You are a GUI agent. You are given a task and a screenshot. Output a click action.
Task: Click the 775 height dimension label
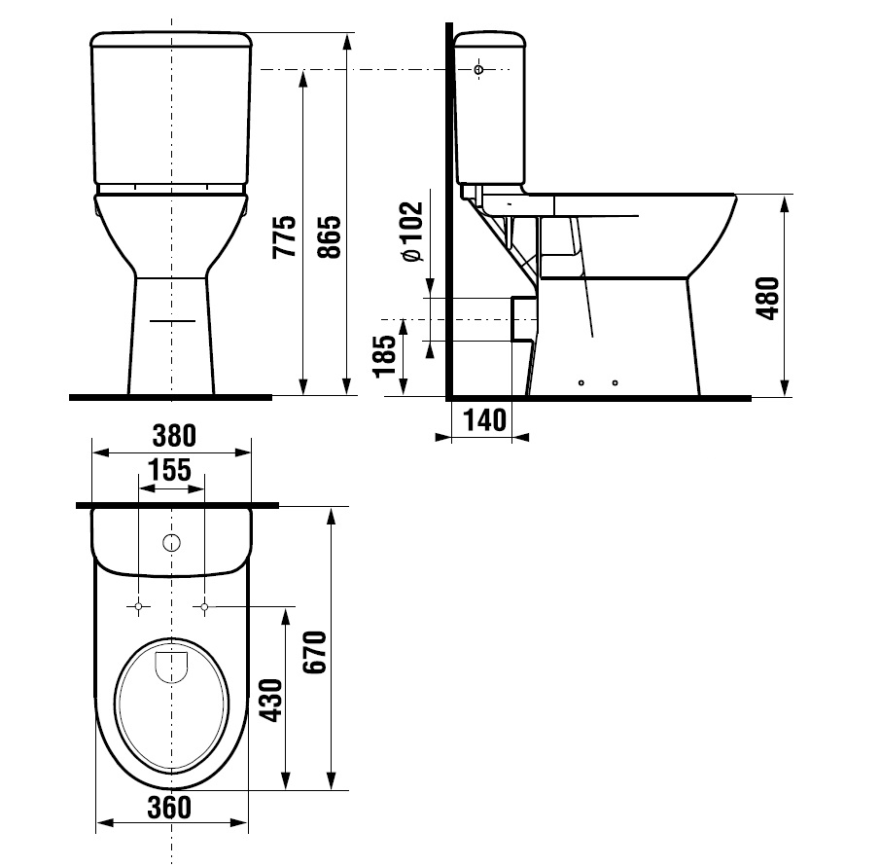[284, 236]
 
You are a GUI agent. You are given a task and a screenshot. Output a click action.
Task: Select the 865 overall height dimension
[330, 236]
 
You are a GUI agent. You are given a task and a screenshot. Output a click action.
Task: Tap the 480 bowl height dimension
[768, 298]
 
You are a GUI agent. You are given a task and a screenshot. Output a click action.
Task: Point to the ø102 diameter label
[412, 231]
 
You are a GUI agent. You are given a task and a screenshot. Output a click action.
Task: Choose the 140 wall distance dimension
[485, 419]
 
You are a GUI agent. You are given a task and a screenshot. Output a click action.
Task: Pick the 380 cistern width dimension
[174, 436]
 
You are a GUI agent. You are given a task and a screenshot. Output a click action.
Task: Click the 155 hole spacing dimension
[169, 470]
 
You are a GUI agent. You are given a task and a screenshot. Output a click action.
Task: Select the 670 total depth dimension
[314, 652]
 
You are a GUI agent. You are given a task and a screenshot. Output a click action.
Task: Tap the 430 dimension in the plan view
[272, 701]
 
